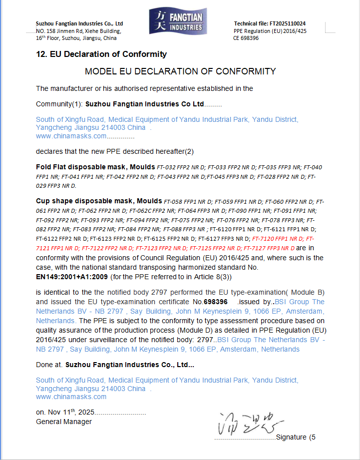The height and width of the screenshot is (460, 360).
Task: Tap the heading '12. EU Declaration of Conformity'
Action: [101, 54]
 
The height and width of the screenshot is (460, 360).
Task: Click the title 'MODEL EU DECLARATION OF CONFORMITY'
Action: [180, 71]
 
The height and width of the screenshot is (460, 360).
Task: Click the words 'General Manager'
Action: [64, 422]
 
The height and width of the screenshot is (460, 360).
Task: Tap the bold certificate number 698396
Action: [216, 302]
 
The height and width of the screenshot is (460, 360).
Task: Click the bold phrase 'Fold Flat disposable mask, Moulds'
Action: [95, 166]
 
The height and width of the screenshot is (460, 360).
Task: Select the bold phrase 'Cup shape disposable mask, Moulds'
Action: [95, 201]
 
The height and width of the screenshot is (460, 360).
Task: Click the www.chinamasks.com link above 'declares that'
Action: [71, 136]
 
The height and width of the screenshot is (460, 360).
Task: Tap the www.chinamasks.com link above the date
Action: [71, 397]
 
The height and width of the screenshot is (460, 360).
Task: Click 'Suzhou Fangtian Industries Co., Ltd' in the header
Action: [79, 24]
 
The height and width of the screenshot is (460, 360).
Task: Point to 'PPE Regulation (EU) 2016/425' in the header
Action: [270, 31]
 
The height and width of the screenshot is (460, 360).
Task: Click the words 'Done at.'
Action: [49, 365]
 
